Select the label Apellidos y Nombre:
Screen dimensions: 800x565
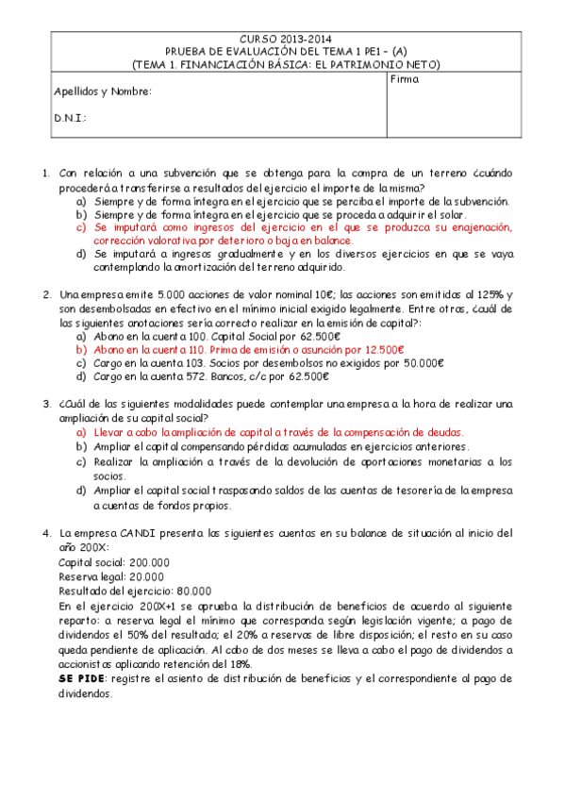[x=100, y=92]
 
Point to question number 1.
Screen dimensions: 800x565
[x=45, y=174]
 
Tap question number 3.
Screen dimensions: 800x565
[x=45, y=405]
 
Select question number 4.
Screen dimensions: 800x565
[x=45, y=533]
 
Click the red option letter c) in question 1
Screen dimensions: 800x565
[x=80, y=227]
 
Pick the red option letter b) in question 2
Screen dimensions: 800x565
[x=80, y=349]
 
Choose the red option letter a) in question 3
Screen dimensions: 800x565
[x=80, y=431]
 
